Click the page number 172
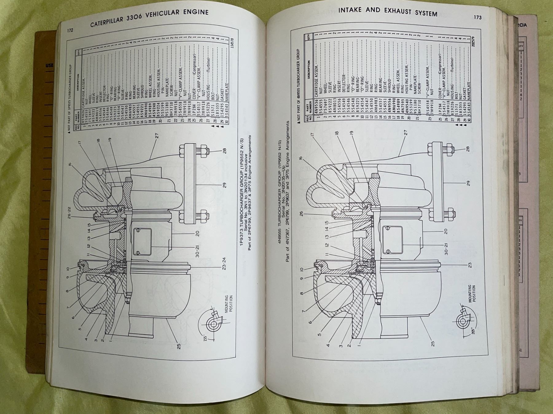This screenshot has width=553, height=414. pyautogui.click(x=70, y=30)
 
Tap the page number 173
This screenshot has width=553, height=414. pyautogui.click(x=477, y=17)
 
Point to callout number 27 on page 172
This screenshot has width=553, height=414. pyautogui.click(x=157, y=135)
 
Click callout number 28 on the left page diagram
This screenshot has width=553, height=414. pyautogui.click(x=224, y=151)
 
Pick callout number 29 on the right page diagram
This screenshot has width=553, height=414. pyautogui.click(x=468, y=183)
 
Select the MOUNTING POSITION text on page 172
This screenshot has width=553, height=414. pyautogui.click(x=229, y=304)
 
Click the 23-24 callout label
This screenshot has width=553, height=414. pyautogui.click(x=224, y=263)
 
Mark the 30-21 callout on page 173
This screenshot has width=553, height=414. pyautogui.click(x=446, y=249)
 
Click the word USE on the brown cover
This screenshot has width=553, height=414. pyautogui.click(x=49, y=65)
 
